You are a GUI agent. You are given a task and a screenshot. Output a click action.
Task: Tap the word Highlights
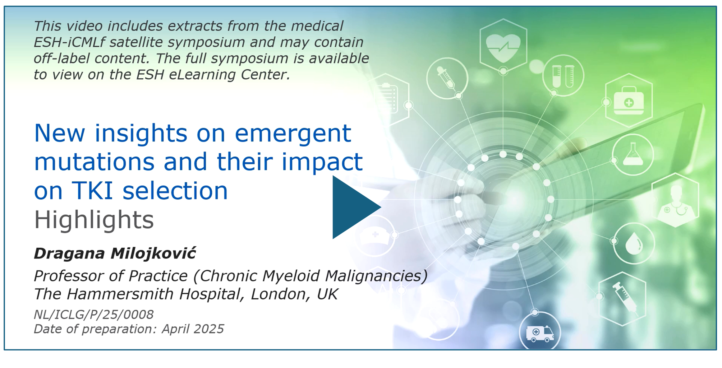94,220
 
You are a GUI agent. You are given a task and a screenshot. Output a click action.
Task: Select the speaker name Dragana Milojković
115,253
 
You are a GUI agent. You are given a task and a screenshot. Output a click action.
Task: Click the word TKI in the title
92,190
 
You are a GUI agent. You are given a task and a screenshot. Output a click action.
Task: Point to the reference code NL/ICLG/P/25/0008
94,314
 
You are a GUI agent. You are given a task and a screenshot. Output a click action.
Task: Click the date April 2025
193,329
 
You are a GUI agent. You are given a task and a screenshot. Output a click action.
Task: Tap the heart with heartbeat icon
503,48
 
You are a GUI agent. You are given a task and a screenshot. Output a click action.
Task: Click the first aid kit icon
629,100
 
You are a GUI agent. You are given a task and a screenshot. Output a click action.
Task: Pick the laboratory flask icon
633,154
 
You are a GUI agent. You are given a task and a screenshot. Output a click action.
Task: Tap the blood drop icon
634,244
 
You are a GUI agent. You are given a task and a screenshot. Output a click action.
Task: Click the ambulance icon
540,333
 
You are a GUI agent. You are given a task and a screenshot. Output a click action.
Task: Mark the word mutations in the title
94,162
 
